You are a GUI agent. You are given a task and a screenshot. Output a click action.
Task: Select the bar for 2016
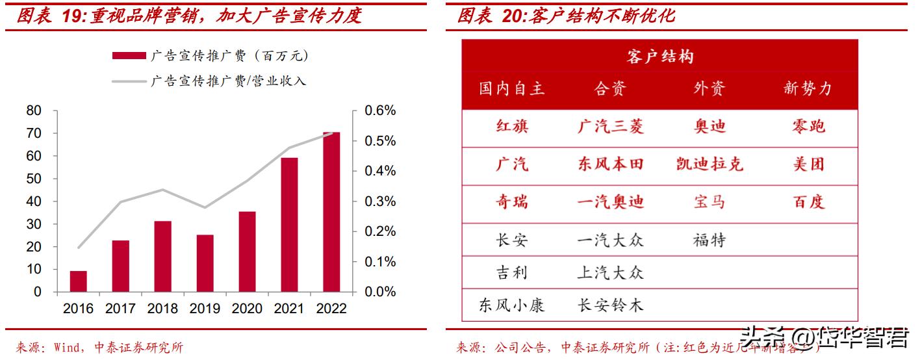click(78, 281)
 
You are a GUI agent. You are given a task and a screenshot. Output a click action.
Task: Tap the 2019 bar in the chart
click(205, 263)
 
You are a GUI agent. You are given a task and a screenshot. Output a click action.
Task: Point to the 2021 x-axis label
click(289, 309)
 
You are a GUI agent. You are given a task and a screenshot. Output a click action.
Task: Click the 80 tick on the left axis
click(33, 110)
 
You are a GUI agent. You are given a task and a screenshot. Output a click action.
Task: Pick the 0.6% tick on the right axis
click(380, 110)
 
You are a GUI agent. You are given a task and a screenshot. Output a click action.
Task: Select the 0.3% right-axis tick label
click(380, 201)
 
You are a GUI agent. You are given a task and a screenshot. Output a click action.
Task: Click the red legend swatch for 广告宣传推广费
click(128, 56)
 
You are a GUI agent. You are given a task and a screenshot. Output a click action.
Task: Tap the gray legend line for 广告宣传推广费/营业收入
click(128, 81)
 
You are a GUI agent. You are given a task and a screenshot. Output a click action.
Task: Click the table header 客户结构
click(659, 57)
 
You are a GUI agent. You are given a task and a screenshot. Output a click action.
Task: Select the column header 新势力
click(808, 88)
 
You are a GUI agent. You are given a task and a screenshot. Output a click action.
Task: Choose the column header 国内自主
click(511, 88)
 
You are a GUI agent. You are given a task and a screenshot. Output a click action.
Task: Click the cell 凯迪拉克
click(709, 164)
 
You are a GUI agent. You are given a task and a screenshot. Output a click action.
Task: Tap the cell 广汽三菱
click(610, 126)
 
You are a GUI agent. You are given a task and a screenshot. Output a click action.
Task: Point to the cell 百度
click(808, 202)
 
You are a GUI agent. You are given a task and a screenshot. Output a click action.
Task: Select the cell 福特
click(709, 240)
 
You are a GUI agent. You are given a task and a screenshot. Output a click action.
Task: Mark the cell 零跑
click(808, 126)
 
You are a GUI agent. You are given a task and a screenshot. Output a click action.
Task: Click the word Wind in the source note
click(65, 348)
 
